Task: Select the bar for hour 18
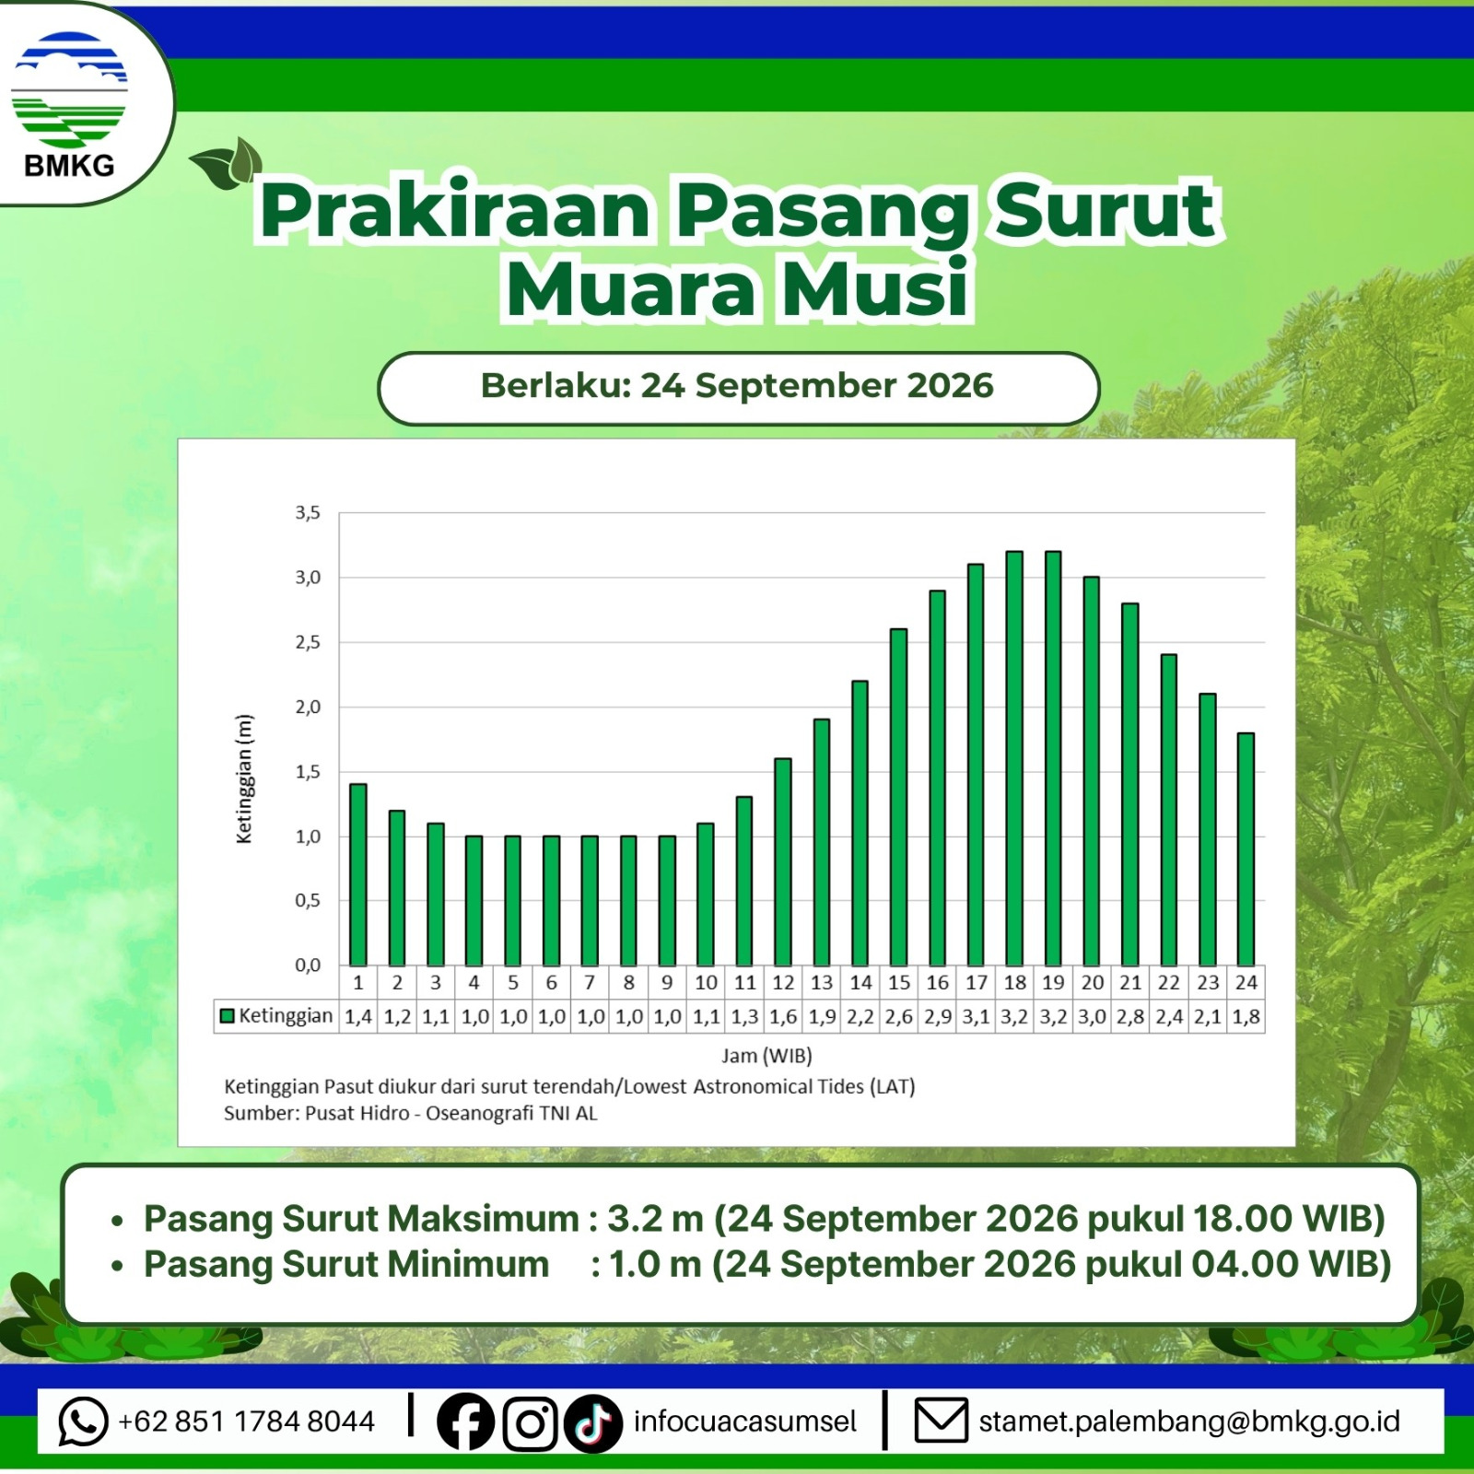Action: point(1014,758)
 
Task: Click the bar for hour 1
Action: point(358,874)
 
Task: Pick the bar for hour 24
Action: point(1246,849)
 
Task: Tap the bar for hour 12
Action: point(783,862)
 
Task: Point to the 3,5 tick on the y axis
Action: point(308,513)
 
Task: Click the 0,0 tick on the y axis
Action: point(308,965)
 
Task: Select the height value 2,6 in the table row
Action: point(899,1017)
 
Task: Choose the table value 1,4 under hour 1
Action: point(358,1017)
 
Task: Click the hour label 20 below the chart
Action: point(1092,983)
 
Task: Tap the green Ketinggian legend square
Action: point(227,1016)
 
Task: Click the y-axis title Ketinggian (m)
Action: point(244,778)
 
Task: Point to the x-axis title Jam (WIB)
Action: point(766,1056)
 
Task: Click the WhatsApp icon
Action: point(83,1421)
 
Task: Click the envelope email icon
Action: point(941,1421)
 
